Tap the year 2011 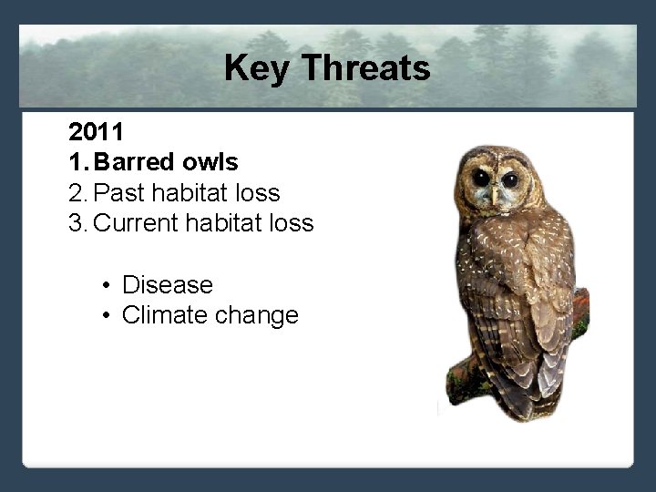click(96, 132)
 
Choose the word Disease click(168, 285)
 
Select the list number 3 click(77, 222)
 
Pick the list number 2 click(77, 192)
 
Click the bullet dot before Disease click(107, 286)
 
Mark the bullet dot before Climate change click(107, 316)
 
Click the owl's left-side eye click(480, 178)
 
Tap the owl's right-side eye click(510, 179)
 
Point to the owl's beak click(495, 193)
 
